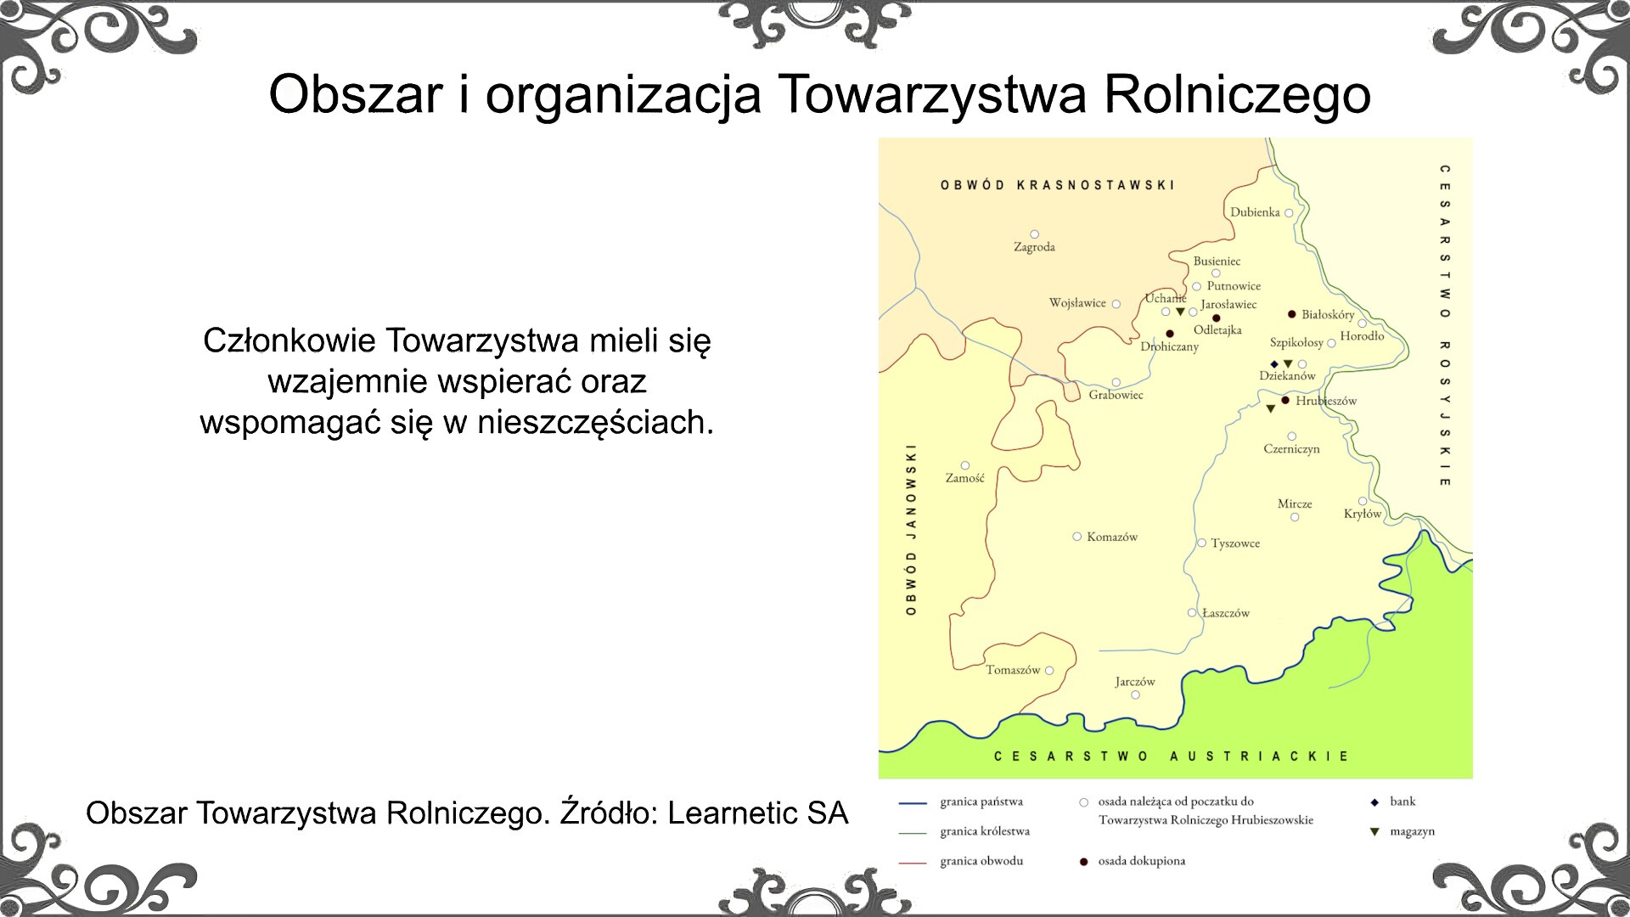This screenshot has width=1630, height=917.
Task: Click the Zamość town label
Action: coord(964,478)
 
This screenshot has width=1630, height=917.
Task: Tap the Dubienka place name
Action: coord(1255,212)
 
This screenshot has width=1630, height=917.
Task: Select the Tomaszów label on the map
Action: coord(1012,670)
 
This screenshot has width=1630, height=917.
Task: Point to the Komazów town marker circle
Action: coord(1076,537)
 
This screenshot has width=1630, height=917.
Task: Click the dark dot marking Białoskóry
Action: coord(1292,314)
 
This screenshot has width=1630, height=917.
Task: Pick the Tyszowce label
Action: coord(1235,543)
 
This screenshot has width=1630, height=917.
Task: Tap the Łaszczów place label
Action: coord(1226,613)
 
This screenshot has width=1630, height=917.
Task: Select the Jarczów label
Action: coord(1135,682)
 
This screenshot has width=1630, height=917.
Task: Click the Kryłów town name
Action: coord(1362,514)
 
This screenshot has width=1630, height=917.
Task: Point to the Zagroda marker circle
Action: coord(1034,234)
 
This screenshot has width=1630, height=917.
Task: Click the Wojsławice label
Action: coord(1077,303)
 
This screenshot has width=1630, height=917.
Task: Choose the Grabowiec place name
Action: coord(1116,395)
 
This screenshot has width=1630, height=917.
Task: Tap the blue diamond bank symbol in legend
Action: coord(1374,802)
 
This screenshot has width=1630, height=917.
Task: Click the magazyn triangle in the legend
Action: coord(1374,832)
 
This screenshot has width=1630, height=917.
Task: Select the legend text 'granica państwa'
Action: coord(981,802)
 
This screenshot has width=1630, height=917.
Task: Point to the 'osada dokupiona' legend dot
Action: coord(1083,862)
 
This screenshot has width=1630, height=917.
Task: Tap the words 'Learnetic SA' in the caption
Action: coord(757,813)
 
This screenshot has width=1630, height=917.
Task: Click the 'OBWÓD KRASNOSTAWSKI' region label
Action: coord(1057,185)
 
